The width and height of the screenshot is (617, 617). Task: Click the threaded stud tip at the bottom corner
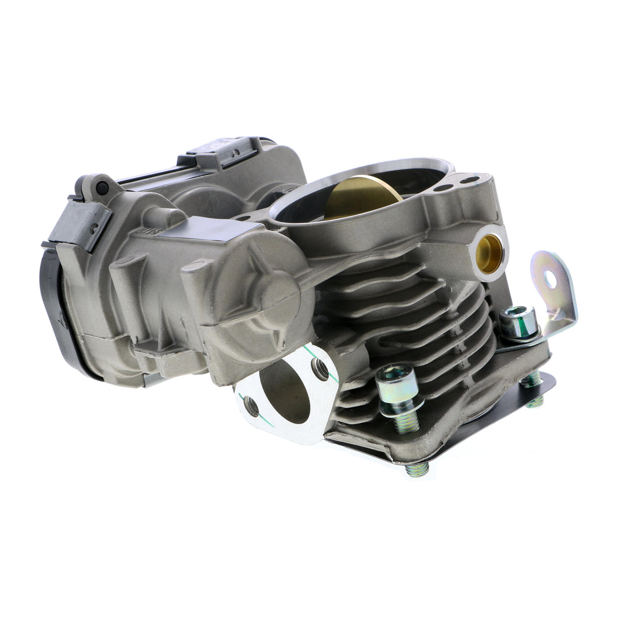pos(414,470)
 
